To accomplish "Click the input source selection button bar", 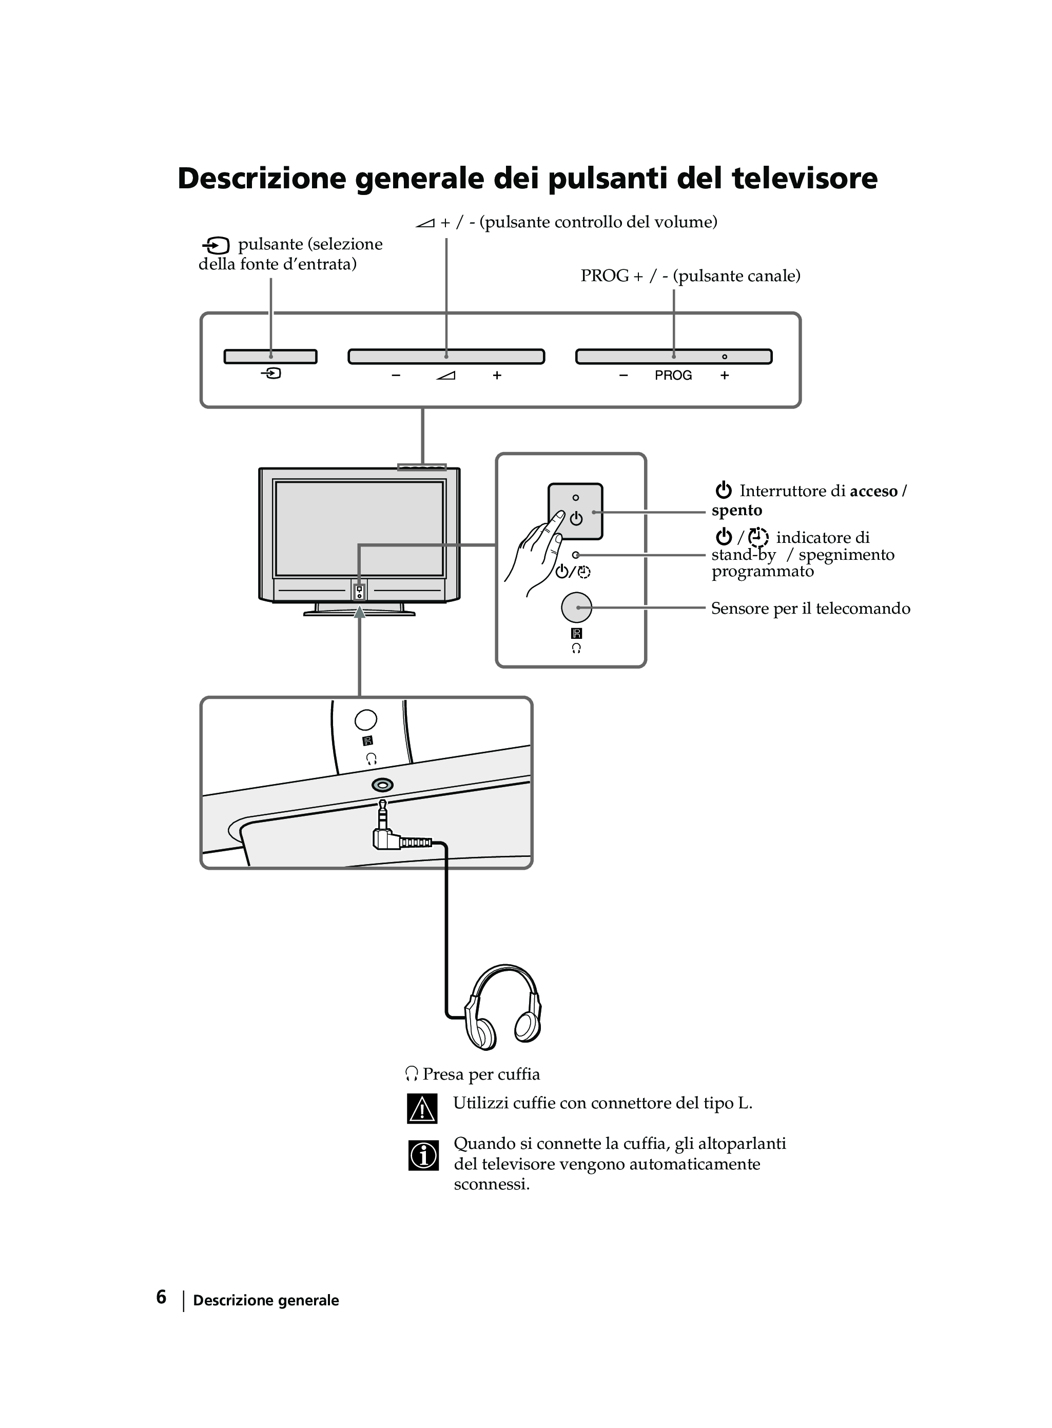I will (x=270, y=357).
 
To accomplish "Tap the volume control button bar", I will (x=446, y=357).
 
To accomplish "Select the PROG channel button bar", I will (x=674, y=357).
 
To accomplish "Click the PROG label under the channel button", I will (x=673, y=376).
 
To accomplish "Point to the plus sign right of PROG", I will (x=725, y=376).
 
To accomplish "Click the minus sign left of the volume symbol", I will (x=396, y=376).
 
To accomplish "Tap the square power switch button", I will (x=576, y=511).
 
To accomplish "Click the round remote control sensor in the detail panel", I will (x=576, y=608).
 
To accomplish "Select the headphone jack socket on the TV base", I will (x=382, y=785).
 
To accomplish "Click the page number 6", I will (x=161, y=1297).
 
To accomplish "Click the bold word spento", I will (x=737, y=511).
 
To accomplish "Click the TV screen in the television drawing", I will (x=359, y=529).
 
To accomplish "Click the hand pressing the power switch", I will (x=535, y=554).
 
